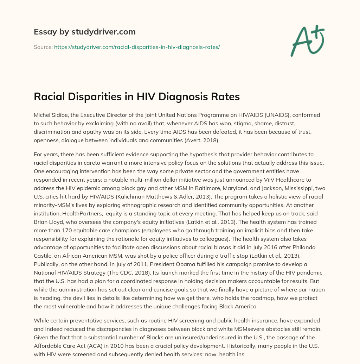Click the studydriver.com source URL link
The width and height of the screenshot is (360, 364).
(137, 47)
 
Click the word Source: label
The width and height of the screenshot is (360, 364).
(43, 47)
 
